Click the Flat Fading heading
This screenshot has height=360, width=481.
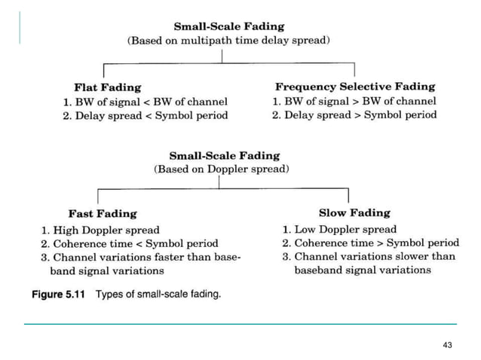(108, 87)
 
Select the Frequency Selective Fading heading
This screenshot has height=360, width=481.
(354, 87)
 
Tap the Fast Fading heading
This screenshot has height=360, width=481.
(103, 214)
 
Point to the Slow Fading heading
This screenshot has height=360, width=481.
(354, 213)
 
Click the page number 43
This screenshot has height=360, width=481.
(448, 344)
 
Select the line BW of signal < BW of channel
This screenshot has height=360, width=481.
(145, 102)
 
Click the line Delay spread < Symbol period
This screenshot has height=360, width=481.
(145, 115)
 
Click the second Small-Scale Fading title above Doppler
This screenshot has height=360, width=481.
(224, 156)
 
